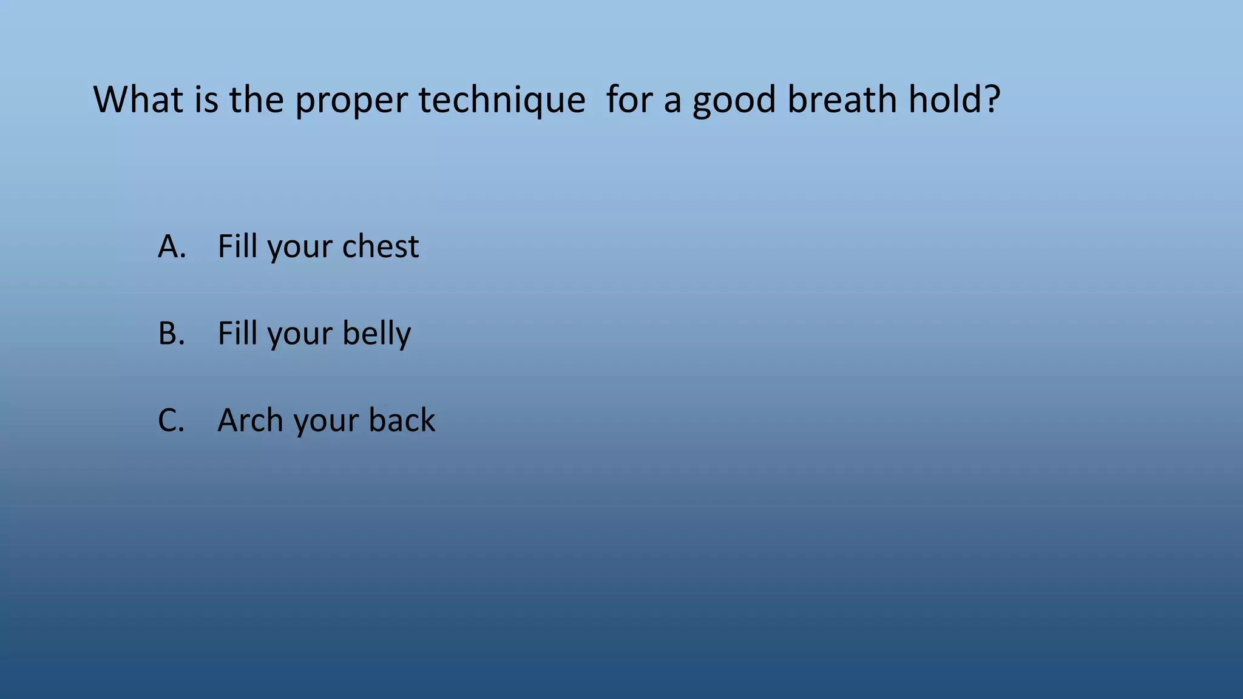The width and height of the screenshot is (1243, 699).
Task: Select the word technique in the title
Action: point(501,101)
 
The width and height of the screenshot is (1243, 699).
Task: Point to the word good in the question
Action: point(734,101)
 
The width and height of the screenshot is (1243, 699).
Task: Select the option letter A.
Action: point(171,246)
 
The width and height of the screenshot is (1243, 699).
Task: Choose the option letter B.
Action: point(171,334)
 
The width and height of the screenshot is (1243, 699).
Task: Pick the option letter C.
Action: point(171,420)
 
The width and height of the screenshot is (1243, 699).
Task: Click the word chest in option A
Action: point(380,246)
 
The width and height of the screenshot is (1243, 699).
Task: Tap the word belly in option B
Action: point(376,334)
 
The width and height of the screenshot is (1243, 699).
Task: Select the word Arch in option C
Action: point(249,420)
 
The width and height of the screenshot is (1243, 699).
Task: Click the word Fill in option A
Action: point(237,246)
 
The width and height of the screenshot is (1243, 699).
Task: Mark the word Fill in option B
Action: point(237,334)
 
